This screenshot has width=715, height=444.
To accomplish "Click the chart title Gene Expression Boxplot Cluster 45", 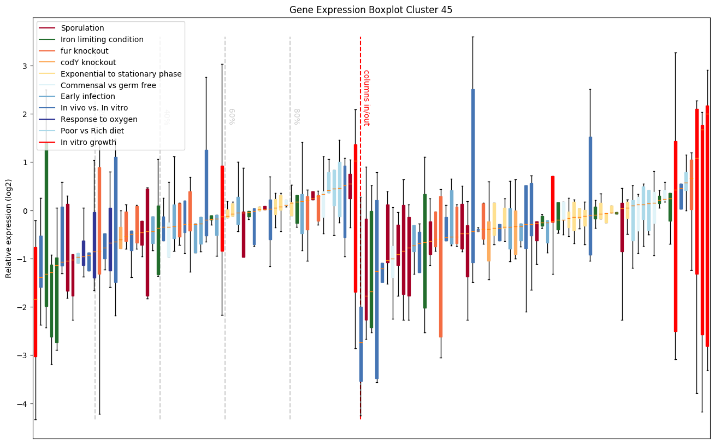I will [370, 10].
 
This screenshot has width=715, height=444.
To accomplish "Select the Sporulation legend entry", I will [82, 28].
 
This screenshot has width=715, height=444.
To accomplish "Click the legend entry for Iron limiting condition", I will [102, 39].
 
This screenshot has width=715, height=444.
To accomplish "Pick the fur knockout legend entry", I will [85, 51].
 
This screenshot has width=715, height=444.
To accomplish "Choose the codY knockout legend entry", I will [88, 62].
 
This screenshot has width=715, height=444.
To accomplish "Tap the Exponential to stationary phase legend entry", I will [121, 74].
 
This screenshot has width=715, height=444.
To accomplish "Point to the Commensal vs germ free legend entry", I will [108, 85].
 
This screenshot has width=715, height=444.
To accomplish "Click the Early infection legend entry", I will [88, 97].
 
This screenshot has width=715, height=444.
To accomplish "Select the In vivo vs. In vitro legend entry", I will [94, 108].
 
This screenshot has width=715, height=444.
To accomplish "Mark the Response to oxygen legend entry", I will [99, 119].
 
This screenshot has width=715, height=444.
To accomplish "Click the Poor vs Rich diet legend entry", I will [92, 131].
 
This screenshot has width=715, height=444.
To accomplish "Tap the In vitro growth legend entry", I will [88, 142].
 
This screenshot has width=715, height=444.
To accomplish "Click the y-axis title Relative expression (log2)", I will [9, 227].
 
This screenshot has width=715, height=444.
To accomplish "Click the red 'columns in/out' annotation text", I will [366, 98].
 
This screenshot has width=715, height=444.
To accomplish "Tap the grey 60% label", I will [232, 116].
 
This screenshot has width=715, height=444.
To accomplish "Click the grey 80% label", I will [297, 116].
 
